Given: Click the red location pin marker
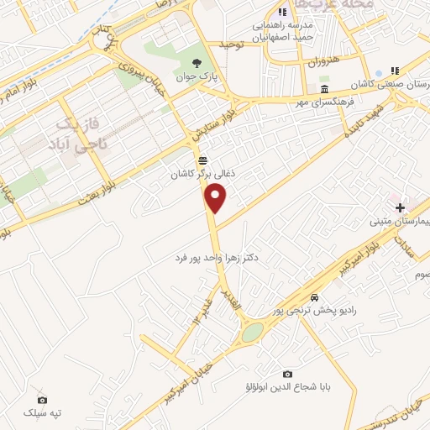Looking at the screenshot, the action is coord(217,199).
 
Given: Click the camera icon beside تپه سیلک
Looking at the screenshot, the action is coord(43,400).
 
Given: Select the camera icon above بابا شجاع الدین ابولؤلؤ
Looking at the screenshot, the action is coord(288,374).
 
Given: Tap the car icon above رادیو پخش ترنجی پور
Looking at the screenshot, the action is coord(314,297).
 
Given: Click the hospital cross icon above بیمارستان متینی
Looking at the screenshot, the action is coord(400,207).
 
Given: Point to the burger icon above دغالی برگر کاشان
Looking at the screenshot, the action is coord(202,160).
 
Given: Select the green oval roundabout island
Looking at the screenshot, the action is coord(251,333).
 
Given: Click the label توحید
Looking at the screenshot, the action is coord(231,43).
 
